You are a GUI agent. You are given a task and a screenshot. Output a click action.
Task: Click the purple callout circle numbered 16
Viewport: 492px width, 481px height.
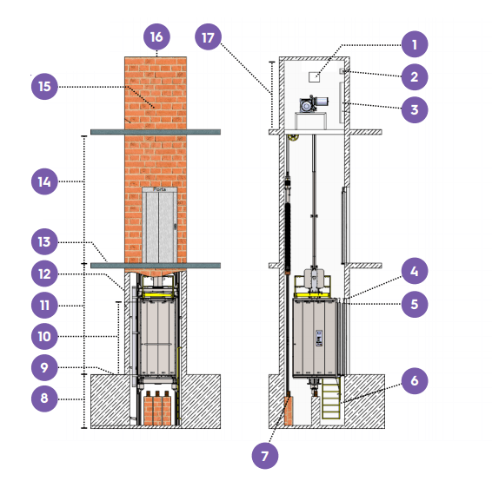[x=156, y=37]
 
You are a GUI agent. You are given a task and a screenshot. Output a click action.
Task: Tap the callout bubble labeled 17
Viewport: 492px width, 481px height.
[x=208, y=37]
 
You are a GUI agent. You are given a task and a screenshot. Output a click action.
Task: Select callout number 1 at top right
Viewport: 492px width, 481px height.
[x=415, y=44]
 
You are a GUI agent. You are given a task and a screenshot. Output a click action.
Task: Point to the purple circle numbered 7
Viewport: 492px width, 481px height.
[x=265, y=456]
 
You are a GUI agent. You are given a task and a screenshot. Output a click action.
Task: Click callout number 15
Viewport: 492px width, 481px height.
[x=44, y=87]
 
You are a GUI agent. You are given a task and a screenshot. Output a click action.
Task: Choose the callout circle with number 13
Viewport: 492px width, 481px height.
[x=44, y=241]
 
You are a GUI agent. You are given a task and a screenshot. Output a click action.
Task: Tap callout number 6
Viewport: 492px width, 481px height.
[x=415, y=381]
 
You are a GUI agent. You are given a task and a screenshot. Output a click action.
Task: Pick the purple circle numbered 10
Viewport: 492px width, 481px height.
[x=44, y=336]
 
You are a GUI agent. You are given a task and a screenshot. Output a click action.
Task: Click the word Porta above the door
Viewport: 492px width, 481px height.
[x=159, y=189]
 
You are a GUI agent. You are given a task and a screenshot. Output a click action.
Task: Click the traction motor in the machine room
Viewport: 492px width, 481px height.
[x=314, y=104]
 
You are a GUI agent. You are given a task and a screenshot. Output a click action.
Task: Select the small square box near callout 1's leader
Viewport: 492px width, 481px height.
[x=314, y=77]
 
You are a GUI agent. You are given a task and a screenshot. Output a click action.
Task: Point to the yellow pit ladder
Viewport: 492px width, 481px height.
[x=330, y=398]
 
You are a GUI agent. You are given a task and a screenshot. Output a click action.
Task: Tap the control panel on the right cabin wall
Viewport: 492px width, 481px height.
[x=319, y=338]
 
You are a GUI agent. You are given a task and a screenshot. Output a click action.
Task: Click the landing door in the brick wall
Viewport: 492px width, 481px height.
[x=159, y=227]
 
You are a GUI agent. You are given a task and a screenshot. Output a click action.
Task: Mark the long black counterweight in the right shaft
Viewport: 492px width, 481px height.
[x=288, y=238]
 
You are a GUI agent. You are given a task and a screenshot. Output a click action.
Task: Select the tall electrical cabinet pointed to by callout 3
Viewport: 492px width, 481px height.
[x=342, y=102]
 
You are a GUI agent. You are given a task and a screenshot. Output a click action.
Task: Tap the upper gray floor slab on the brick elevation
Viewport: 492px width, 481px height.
[x=156, y=132]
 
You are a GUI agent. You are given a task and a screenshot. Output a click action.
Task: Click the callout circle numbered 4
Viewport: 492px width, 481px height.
[x=415, y=271]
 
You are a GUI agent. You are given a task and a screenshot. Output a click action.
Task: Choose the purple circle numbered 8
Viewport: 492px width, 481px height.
[x=44, y=399]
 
